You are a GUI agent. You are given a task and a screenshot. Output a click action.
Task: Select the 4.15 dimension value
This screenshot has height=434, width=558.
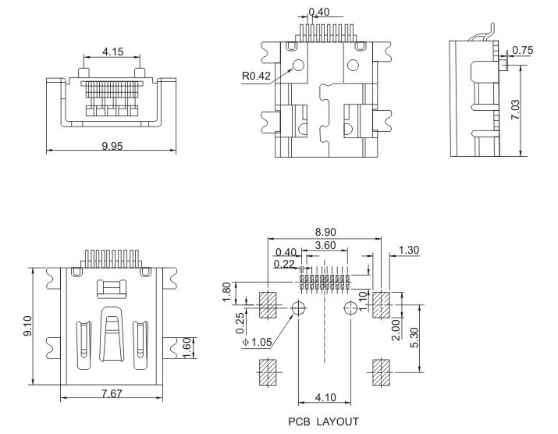(x=112, y=52)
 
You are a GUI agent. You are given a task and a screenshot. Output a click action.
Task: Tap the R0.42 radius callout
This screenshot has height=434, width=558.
(x=257, y=76)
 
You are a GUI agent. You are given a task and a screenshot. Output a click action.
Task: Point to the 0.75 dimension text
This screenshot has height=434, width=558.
(x=523, y=52)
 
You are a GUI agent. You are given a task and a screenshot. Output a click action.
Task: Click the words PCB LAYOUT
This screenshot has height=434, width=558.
(x=322, y=422)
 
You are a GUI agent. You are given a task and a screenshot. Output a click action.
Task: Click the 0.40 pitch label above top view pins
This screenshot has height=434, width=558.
(x=318, y=12)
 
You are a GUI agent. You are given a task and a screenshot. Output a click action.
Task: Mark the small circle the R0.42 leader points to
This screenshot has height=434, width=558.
(x=297, y=66)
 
